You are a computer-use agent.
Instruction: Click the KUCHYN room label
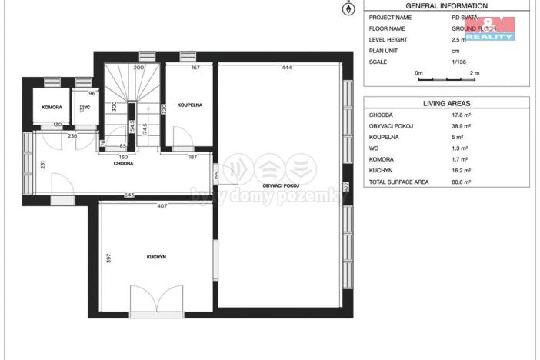pyautogui.click(x=157, y=256)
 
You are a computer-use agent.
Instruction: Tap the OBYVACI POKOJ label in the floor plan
pyautogui.click(x=280, y=185)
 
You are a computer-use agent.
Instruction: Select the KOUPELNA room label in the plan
pyautogui.click(x=189, y=105)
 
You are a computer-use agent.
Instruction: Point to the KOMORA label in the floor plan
pyautogui.click(x=52, y=107)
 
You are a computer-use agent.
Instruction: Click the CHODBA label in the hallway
pyautogui.click(x=124, y=163)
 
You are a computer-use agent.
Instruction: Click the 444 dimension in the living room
pyautogui.click(x=286, y=68)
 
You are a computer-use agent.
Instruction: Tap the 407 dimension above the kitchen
pyautogui.click(x=162, y=205)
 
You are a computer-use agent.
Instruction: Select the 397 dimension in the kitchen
pyautogui.click(x=108, y=258)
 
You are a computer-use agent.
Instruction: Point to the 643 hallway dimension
pyautogui.click(x=129, y=195)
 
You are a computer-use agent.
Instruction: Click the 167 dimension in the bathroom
pyautogui.click(x=195, y=68)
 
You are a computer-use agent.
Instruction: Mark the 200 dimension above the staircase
pyautogui.click(x=138, y=68)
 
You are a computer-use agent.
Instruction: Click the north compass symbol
pyautogui.click(x=348, y=9)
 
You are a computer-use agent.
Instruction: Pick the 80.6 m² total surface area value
pyautogui.click(x=462, y=182)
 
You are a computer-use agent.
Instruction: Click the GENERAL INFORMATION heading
pyautogui.click(x=446, y=5)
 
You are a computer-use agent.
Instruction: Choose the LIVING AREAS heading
pyautogui.click(x=446, y=102)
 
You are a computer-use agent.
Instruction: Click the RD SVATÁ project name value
pyautogui.click(x=465, y=17)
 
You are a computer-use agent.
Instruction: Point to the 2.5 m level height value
pyautogui.click(x=459, y=39)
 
